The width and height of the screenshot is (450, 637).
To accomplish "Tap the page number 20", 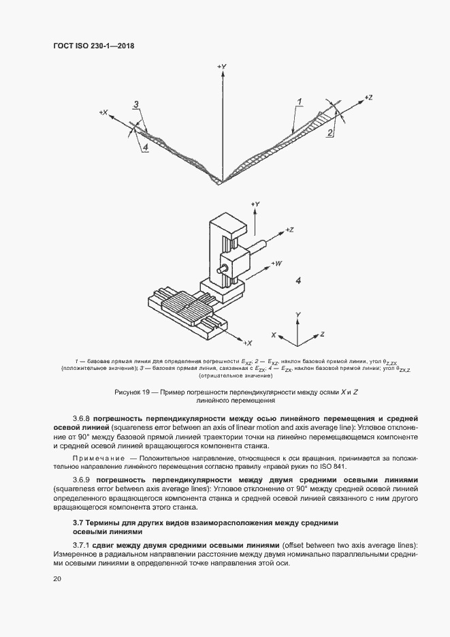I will point(57,579).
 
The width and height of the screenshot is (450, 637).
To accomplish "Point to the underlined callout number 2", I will point(330,133).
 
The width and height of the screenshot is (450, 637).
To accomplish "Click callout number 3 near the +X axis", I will point(136,104).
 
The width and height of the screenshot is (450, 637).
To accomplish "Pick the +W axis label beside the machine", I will point(277,262).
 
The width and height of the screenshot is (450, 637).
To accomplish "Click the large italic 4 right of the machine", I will point(298,281).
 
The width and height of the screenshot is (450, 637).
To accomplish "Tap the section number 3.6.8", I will point(81,417).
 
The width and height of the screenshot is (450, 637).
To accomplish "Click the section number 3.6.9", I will point(81,480).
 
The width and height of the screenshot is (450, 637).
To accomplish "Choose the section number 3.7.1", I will point(81,545).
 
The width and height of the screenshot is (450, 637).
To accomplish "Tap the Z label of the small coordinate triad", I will point(321,335).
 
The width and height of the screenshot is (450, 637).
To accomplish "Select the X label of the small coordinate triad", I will point(273,335).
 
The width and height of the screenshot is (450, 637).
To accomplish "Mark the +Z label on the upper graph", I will point(368,97).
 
